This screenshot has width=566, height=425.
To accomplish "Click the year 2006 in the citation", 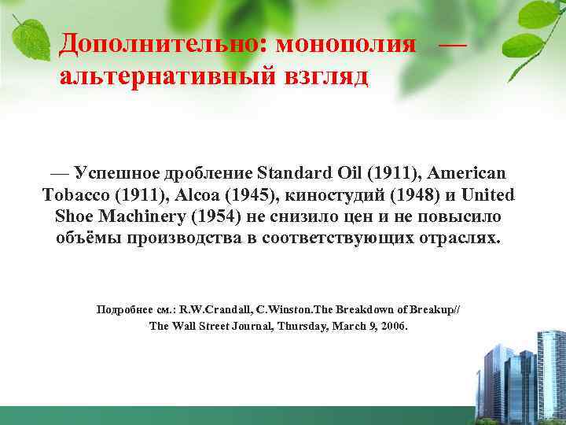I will pyautogui.click(x=392, y=325).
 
